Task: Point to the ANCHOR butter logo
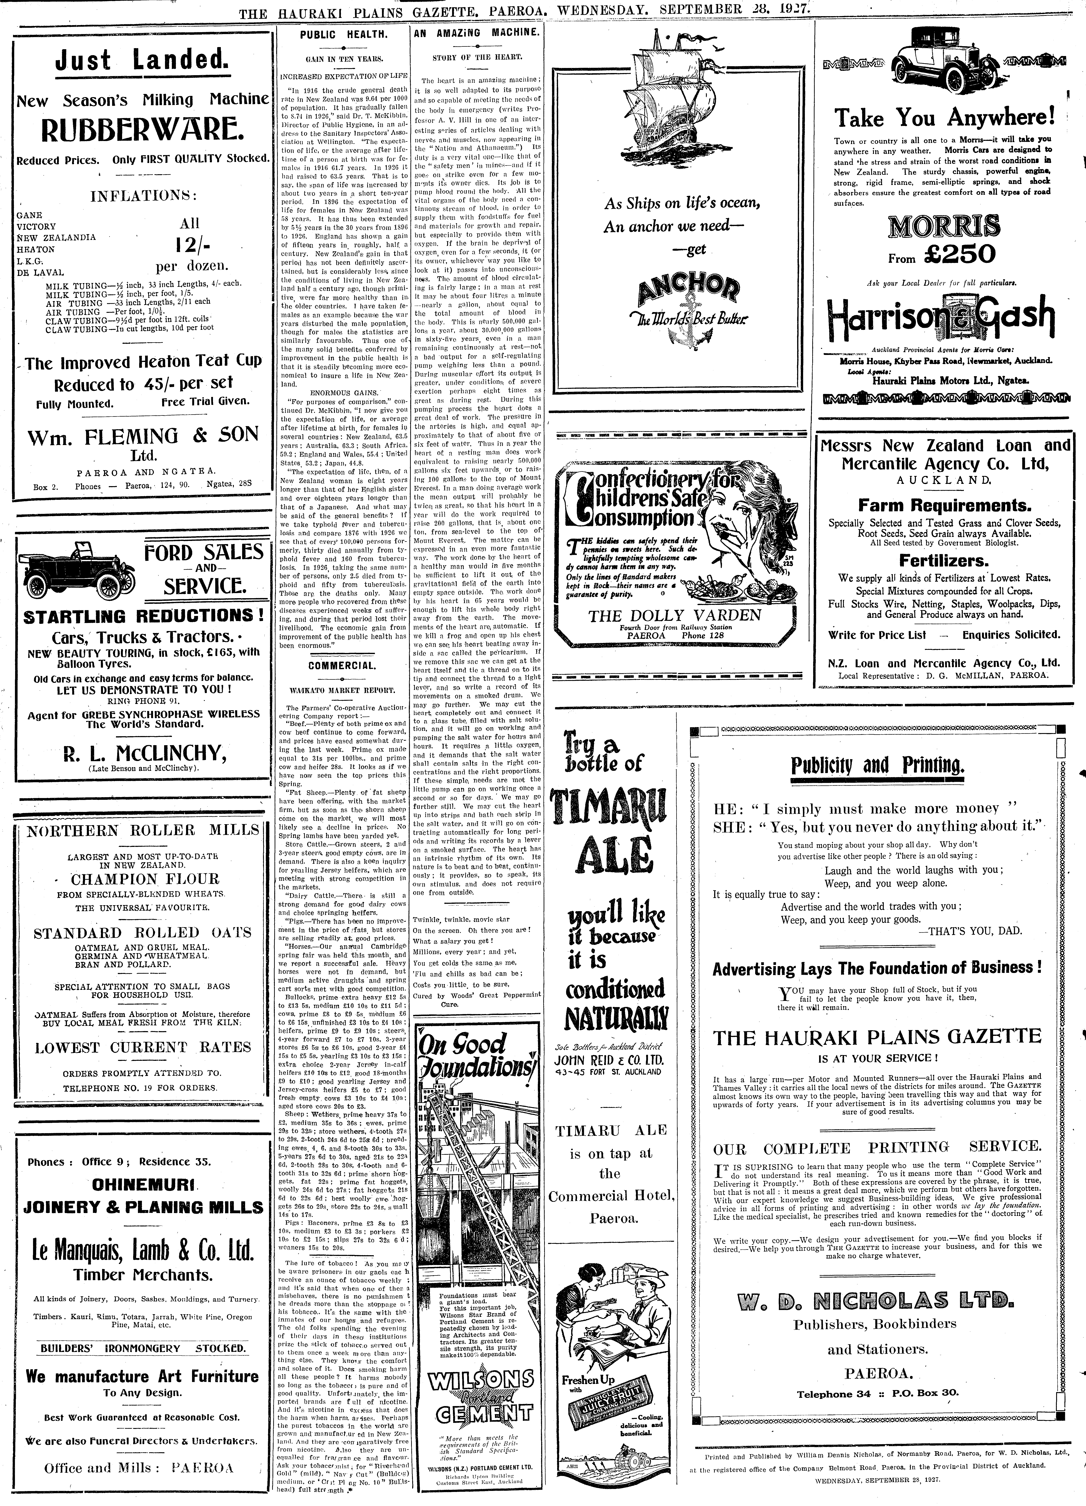pos(688,292)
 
